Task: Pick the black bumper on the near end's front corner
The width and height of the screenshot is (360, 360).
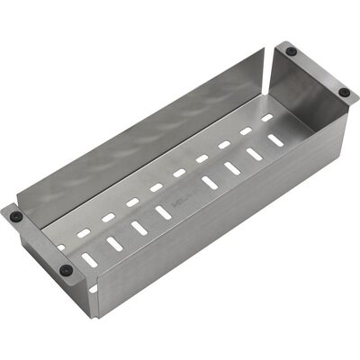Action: [65, 269]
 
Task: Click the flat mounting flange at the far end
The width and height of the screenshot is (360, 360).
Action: [319, 68]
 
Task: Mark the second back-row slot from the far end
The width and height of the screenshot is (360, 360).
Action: [245, 130]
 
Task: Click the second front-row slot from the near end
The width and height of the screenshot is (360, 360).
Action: [115, 242]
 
